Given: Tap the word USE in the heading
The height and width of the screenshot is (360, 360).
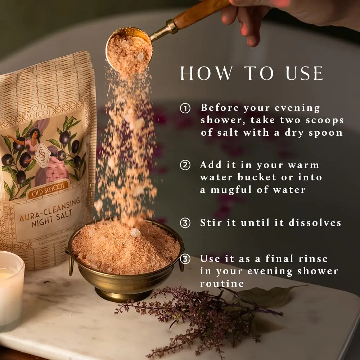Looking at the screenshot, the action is (x=305, y=73).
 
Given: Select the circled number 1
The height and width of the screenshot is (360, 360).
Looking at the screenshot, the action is (x=185, y=108).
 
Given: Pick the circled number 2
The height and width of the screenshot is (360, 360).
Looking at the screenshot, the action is (x=185, y=165).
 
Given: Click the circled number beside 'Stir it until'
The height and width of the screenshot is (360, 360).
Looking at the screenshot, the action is (x=185, y=223).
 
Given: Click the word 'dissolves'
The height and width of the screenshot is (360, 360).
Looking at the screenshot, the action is (x=315, y=223).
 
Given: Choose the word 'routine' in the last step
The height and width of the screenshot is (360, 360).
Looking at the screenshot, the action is (x=222, y=284).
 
